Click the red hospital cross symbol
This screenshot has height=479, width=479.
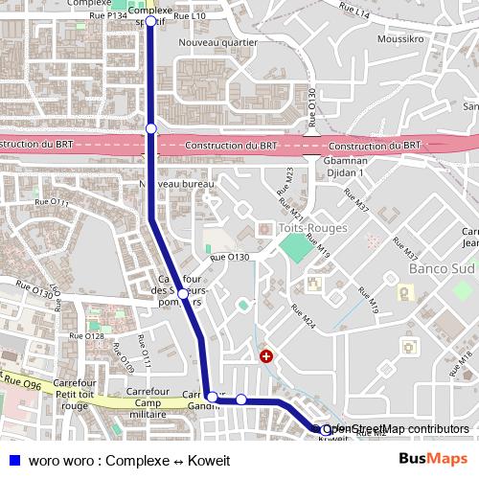265,356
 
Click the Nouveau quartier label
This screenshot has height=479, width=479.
217,43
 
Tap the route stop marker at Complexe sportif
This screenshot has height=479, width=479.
150,20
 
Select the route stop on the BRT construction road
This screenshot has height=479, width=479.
150,127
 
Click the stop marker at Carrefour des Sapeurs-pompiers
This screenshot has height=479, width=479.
181,293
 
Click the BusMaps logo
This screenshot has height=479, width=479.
432,460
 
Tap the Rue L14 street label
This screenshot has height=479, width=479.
355,15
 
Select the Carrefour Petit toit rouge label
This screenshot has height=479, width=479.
73,394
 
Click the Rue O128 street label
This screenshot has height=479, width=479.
95,336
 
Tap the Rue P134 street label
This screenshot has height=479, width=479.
107,16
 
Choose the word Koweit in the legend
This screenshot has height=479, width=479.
209,461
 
